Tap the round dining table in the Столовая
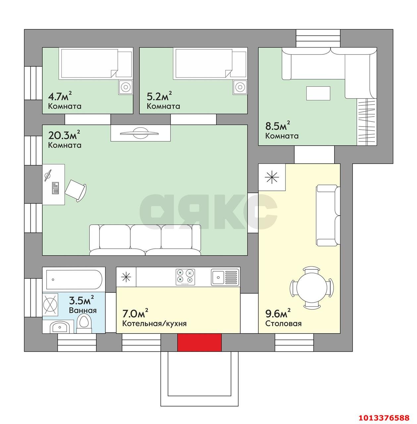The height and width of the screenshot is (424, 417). (312, 287)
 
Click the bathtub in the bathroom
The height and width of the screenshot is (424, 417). (74, 280)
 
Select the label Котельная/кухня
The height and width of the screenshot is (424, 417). (154, 323)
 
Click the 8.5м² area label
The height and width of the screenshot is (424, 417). (278, 126)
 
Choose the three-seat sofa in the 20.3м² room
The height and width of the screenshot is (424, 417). (145, 240)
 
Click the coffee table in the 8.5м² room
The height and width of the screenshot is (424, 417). (318, 93)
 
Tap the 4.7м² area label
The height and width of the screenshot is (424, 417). (60, 96)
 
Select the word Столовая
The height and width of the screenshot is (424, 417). (284, 323)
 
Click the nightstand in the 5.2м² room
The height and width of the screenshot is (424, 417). (240, 87)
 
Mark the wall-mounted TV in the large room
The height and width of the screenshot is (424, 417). (139, 133)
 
